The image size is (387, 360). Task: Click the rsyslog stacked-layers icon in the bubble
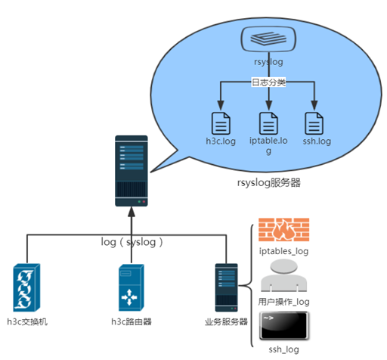click(268, 37)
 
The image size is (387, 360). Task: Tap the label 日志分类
click(268, 82)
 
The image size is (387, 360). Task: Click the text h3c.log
click(220, 141)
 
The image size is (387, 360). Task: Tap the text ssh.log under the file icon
click(316, 141)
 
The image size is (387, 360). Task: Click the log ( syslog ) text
click(133, 242)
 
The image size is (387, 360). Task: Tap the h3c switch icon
click(28, 288)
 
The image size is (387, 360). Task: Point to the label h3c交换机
click(28, 322)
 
